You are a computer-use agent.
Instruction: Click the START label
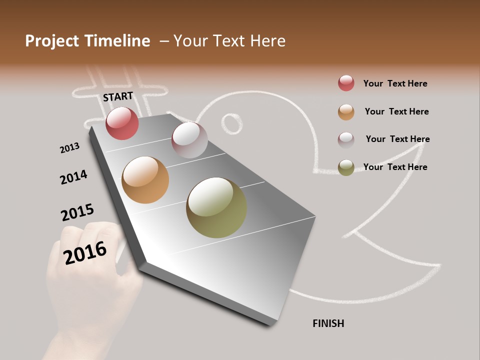click(118, 96)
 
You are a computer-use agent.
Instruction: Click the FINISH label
click(328, 323)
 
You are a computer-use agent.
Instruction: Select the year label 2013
click(69, 148)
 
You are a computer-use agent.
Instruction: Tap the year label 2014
click(73, 177)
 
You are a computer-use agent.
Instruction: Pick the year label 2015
click(77, 212)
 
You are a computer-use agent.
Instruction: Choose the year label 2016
click(85, 252)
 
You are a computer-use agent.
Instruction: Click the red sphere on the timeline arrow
click(122, 123)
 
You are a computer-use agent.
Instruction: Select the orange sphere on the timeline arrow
click(145, 180)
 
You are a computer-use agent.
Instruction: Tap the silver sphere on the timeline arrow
click(189, 140)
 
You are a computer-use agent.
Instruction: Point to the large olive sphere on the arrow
click(216, 207)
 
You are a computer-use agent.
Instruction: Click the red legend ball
click(346, 83)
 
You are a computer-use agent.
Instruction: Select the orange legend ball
click(346, 112)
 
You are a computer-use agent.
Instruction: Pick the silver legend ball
click(346, 139)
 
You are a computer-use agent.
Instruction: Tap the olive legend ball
click(346, 167)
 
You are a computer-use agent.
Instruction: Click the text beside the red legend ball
click(395, 83)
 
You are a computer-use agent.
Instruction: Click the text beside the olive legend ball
click(395, 167)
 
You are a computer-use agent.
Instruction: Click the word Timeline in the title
click(118, 41)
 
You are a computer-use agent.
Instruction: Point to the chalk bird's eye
click(231, 123)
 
